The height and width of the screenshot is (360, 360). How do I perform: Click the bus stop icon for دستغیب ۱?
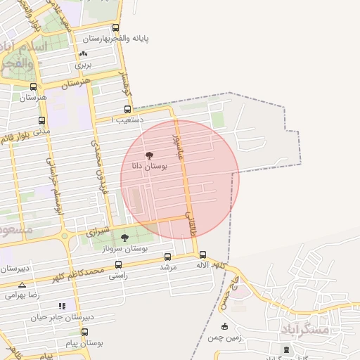coord(127,109)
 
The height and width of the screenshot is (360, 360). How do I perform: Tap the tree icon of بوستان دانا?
coord(148,155)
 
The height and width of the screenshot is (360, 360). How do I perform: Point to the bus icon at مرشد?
coord(167,257)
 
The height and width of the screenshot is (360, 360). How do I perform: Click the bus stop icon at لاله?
coord(202,255)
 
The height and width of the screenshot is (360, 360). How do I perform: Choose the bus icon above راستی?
coord(117,265)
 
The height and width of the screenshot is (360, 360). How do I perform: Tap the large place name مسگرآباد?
coord(304,329)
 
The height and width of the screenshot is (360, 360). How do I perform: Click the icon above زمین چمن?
coord(224,326)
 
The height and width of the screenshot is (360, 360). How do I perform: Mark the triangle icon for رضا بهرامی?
coord(22,285)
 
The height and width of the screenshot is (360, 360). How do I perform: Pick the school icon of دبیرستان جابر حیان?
coord(62,306)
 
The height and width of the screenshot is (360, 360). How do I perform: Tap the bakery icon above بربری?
coord(84,54)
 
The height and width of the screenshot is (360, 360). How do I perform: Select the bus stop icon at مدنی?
coord(42,120)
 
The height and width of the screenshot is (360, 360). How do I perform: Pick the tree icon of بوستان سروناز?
coord(125,238)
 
